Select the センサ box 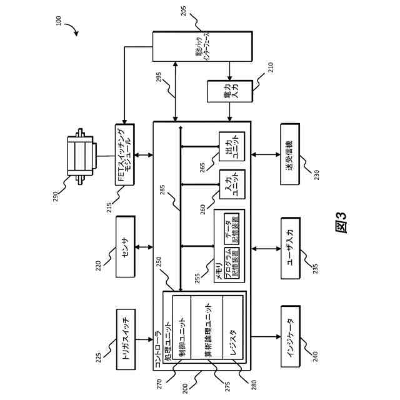(x=125, y=246)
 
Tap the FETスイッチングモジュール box (x=125, y=155)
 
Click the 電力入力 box (x=231, y=91)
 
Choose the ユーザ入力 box (x=290, y=248)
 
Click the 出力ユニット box (x=231, y=147)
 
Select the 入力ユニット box (x=231, y=185)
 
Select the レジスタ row (x=232, y=329)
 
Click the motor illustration (x=82, y=154)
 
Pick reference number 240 (x=315, y=356)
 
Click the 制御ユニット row (x=182, y=329)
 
